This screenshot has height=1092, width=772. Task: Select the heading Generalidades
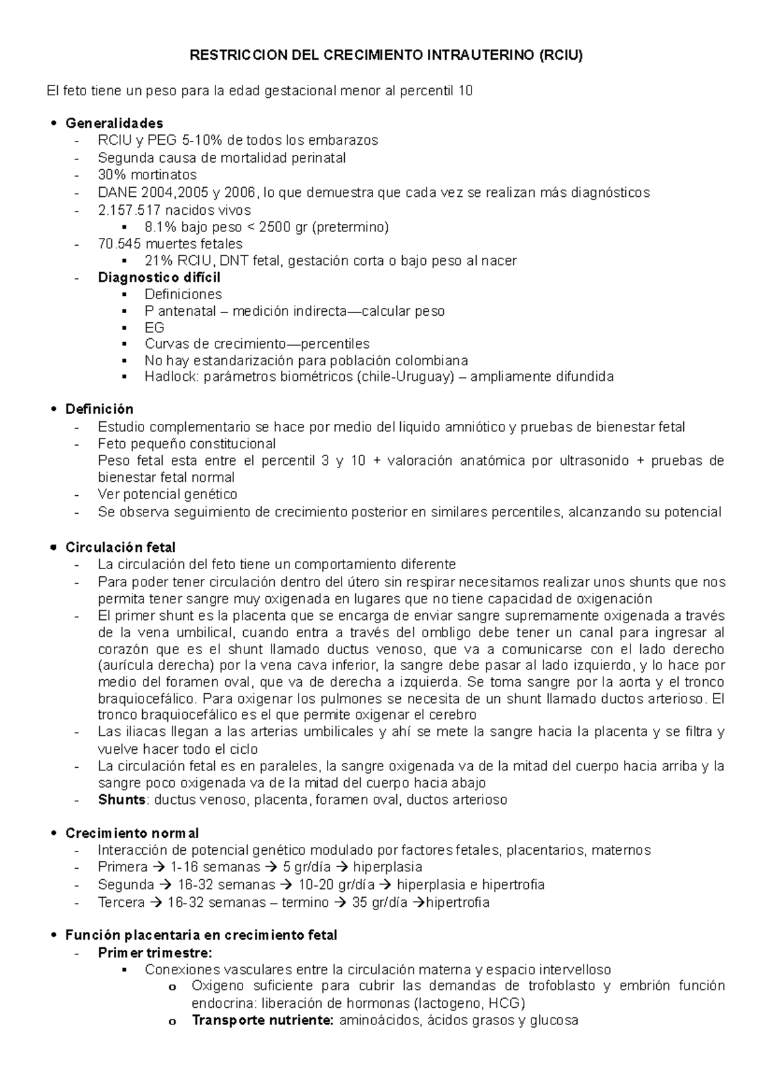pyautogui.click(x=115, y=123)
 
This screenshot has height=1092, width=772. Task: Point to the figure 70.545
pyautogui.click(x=120, y=244)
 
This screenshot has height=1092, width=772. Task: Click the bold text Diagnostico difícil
pyautogui.click(x=159, y=278)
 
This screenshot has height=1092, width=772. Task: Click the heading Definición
pyautogui.click(x=100, y=409)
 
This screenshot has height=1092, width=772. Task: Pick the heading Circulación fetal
pyautogui.click(x=120, y=547)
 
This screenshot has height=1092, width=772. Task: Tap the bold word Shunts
pyautogui.click(x=122, y=800)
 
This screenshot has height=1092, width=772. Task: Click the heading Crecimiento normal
pyautogui.click(x=132, y=833)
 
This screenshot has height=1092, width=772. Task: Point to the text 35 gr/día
pyautogui.click(x=380, y=902)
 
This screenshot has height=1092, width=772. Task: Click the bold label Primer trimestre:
pyautogui.click(x=154, y=952)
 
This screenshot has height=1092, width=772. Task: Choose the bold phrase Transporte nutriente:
pyautogui.click(x=262, y=1020)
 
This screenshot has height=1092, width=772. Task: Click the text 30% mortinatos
pyautogui.click(x=147, y=175)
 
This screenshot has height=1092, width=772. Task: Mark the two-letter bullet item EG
pyautogui.click(x=154, y=327)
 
